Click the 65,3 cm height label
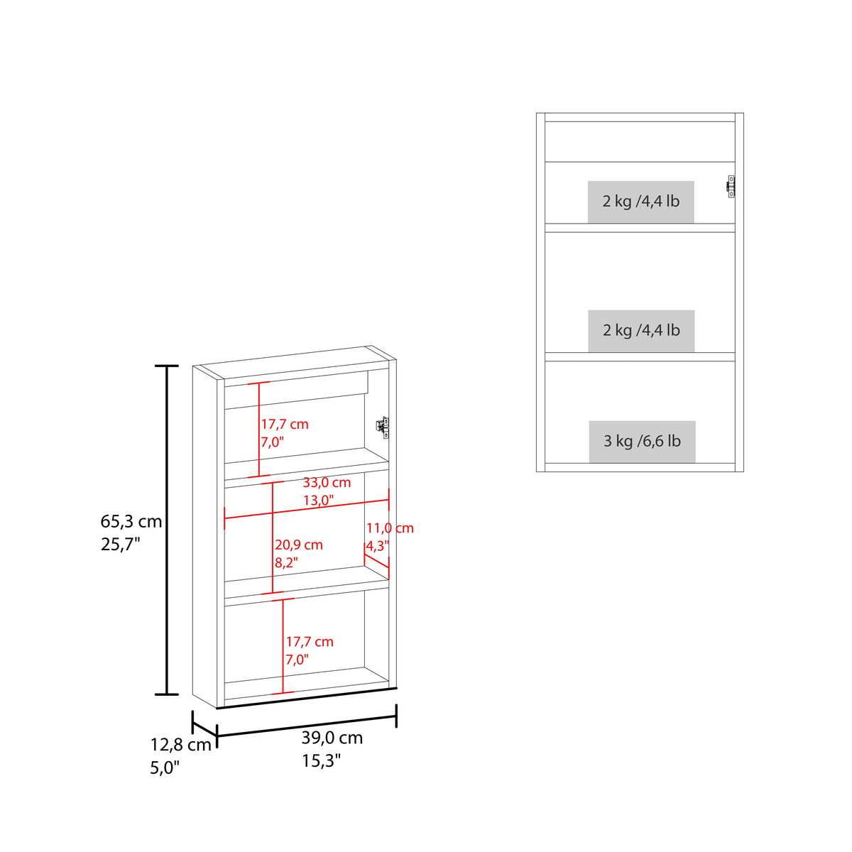(131, 522)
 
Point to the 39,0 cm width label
(332, 738)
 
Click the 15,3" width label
(322, 761)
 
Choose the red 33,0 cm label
(327, 482)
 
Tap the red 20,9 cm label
(299, 545)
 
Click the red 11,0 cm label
(390, 528)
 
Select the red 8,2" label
(287, 563)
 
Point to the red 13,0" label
(318, 501)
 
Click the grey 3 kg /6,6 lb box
(642, 441)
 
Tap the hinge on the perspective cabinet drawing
(383, 427)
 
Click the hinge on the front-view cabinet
(731, 186)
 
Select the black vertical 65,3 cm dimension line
(167, 530)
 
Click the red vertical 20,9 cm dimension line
(273, 537)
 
